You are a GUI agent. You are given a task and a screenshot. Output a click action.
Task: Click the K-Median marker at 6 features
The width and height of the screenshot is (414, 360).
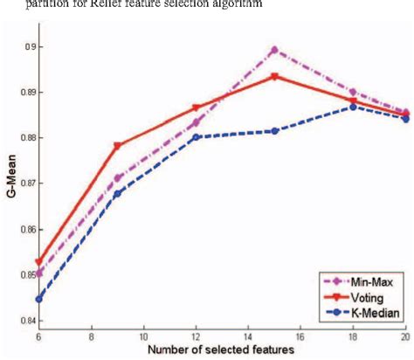click(x=38, y=300)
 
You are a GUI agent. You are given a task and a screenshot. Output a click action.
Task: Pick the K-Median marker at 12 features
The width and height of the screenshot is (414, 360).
click(x=195, y=137)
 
